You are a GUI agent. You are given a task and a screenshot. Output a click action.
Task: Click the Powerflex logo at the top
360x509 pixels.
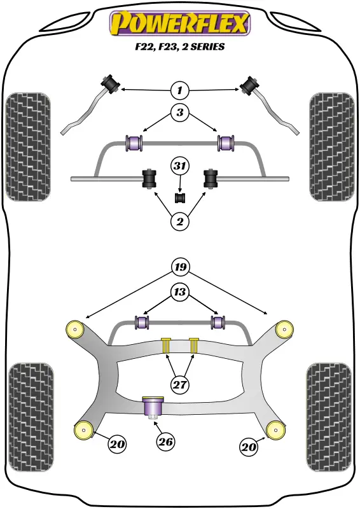click(180, 23)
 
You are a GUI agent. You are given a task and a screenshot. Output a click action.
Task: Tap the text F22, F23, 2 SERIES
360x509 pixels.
click(180, 46)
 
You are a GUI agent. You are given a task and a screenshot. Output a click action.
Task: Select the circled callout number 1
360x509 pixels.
click(179, 90)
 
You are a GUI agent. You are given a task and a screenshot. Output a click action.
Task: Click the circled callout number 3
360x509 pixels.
click(179, 113)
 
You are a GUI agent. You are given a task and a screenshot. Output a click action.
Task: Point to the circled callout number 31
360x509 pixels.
click(180, 166)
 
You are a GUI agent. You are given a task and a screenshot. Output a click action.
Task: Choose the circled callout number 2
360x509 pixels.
click(179, 221)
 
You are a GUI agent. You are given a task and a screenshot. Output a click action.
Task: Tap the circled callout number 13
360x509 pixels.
click(179, 292)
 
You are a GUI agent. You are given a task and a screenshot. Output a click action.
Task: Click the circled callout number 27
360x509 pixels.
click(180, 385)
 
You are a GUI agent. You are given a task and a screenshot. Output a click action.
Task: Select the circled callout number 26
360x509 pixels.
click(165, 442)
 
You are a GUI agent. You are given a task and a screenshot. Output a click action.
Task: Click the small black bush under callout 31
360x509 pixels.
click(180, 198)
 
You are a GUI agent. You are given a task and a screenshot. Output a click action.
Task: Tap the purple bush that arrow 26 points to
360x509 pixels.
click(153, 407)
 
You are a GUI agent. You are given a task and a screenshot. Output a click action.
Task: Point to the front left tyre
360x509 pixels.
click(28, 147)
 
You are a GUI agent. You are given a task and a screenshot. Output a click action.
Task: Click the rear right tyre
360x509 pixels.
click(328, 417)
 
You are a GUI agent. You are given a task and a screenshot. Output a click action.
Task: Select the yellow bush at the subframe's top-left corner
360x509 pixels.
click(75, 329)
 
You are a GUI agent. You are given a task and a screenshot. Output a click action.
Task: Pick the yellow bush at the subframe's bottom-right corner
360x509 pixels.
click(275, 430)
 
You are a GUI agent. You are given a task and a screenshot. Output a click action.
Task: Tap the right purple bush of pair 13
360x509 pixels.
click(218, 322)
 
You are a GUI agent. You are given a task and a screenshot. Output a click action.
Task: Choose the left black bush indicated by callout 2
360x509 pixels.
click(149, 179)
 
